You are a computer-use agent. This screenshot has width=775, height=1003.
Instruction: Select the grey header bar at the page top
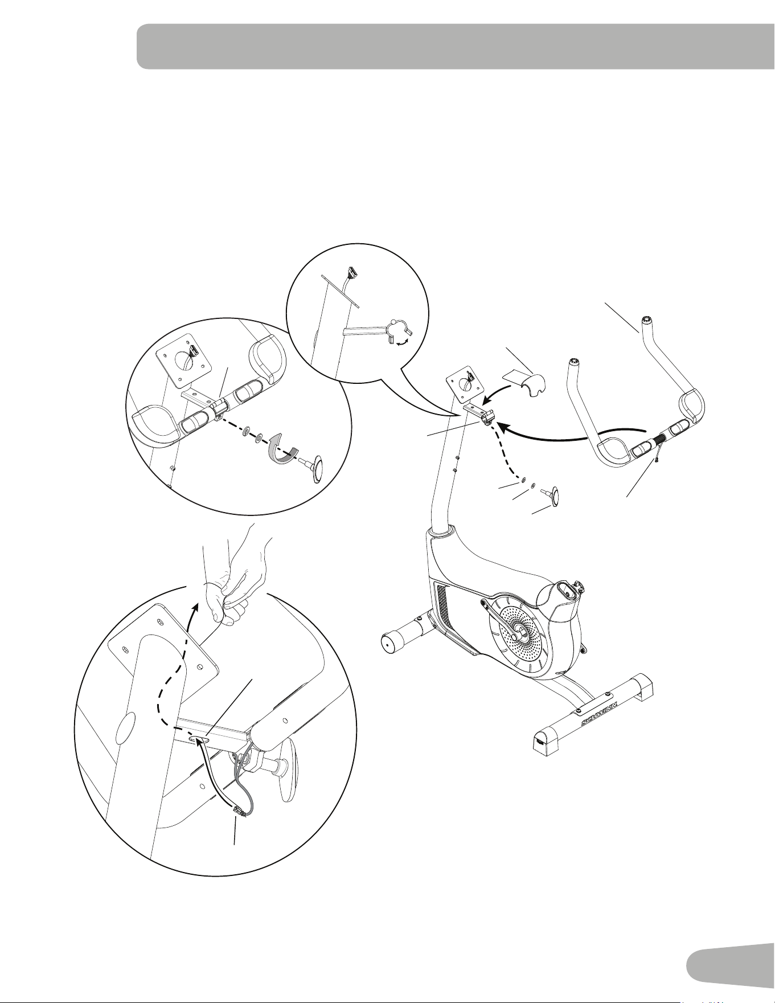coord(456,46)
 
